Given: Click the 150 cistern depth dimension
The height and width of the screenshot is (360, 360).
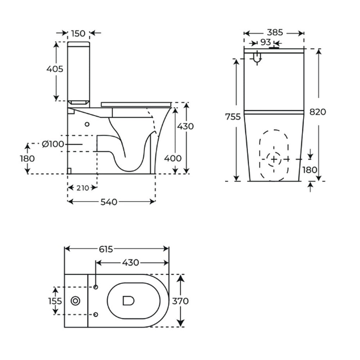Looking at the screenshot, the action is [78, 33].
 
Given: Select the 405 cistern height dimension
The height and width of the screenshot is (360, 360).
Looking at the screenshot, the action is [55, 69].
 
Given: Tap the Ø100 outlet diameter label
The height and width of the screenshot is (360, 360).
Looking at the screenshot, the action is [53, 144].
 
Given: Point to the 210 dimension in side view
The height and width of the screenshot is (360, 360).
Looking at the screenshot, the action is [83, 188].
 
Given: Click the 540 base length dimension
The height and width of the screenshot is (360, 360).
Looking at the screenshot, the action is [109, 202].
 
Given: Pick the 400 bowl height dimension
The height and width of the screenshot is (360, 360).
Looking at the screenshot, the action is [173, 158].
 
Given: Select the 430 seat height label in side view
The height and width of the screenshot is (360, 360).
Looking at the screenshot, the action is [185, 126].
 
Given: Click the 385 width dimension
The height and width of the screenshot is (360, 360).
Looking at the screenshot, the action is [275, 33].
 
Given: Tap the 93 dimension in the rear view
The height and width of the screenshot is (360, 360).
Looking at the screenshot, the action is [266, 42].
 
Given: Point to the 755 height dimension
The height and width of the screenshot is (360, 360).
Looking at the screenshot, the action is [233, 117].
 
